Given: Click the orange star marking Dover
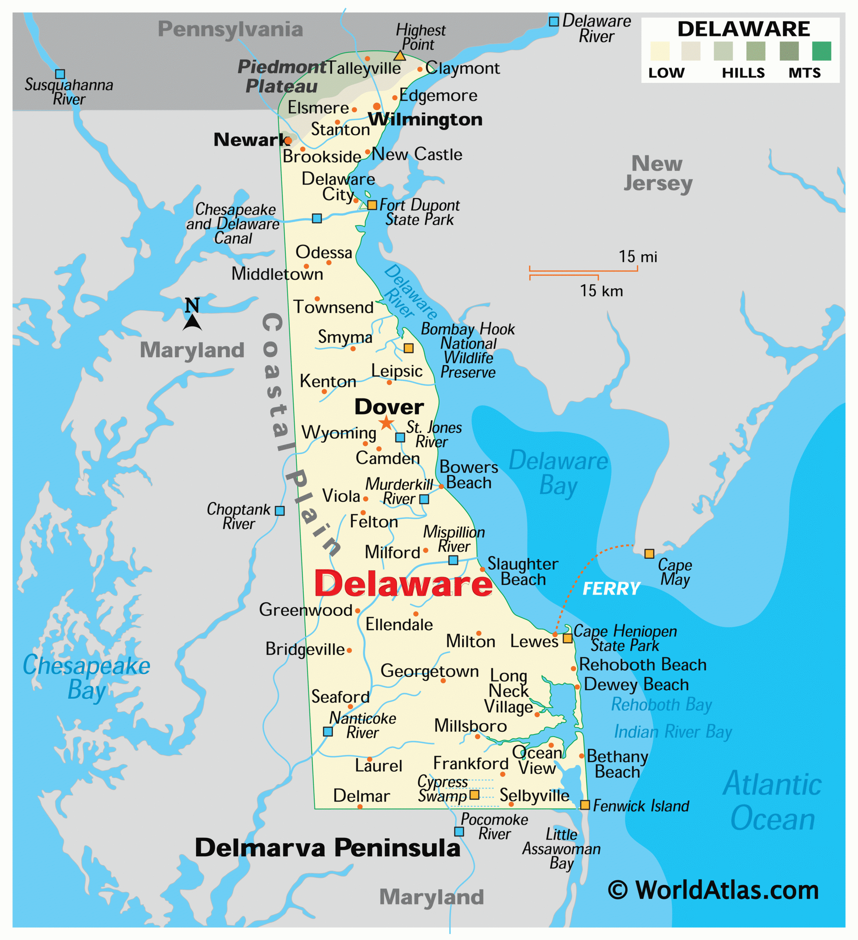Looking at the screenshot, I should click(386, 423).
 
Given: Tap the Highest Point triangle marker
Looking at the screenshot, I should click(400, 56).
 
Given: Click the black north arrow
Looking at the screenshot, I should click(192, 322).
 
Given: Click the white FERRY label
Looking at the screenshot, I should click(611, 589).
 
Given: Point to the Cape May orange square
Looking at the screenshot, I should click(649, 553).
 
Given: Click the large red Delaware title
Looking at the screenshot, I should click(403, 584).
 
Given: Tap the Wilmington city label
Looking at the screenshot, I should click(425, 119).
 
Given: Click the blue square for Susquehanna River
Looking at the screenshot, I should click(60, 74).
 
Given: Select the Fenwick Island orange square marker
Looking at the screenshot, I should click(585, 805).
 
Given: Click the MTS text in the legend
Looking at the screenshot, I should click(804, 73).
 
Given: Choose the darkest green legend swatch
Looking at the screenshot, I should click(822, 51).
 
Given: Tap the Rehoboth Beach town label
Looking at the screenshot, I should click(642, 665).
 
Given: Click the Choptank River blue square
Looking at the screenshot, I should click(280, 510).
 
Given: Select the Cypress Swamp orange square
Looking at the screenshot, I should click(474, 795).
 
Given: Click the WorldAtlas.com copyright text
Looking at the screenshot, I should click(713, 890).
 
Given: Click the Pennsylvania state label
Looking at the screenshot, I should click(230, 29).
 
